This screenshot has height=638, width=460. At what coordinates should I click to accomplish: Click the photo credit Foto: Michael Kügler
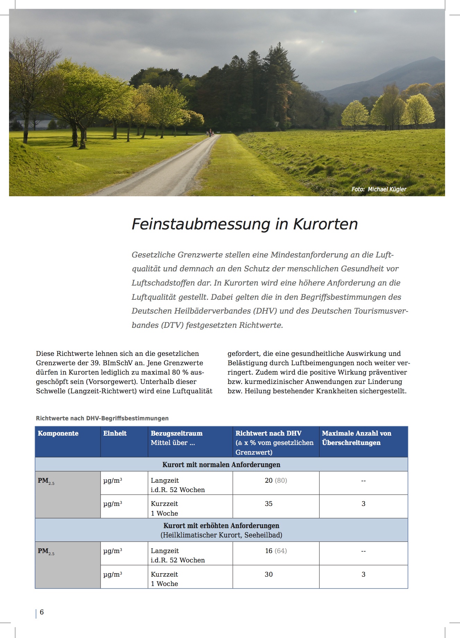[x=379, y=189]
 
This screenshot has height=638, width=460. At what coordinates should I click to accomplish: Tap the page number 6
[x=42, y=612]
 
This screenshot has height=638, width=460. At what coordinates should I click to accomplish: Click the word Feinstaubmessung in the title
[x=201, y=224]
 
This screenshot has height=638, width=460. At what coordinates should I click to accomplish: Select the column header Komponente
[x=58, y=433]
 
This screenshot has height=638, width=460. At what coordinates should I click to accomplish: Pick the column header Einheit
[x=115, y=433]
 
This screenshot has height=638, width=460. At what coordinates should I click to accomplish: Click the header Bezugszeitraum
[x=176, y=433]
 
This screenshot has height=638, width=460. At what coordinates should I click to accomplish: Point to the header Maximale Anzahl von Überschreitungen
[x=356, y=438]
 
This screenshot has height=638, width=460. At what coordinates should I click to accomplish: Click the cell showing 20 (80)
[x=276, y=480]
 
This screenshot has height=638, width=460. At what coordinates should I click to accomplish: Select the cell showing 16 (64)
[x=276, y=551]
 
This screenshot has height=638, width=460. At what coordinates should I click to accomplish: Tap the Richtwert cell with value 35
[x=269, y=504]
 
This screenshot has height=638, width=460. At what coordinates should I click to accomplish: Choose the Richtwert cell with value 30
[x=269, y=574]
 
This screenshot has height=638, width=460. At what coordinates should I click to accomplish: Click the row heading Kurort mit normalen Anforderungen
[x=221, y=464]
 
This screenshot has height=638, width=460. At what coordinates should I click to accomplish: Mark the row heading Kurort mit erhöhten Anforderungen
[x=221, y=525]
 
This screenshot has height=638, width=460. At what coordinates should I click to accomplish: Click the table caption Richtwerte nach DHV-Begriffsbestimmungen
[x=102, y=418]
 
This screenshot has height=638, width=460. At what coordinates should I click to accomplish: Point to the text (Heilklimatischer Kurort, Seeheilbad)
[x=221, y=535]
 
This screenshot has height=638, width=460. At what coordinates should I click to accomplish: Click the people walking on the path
[x=209, y=132]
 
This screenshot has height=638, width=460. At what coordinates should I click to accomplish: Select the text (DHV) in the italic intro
[x=265, y=311]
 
